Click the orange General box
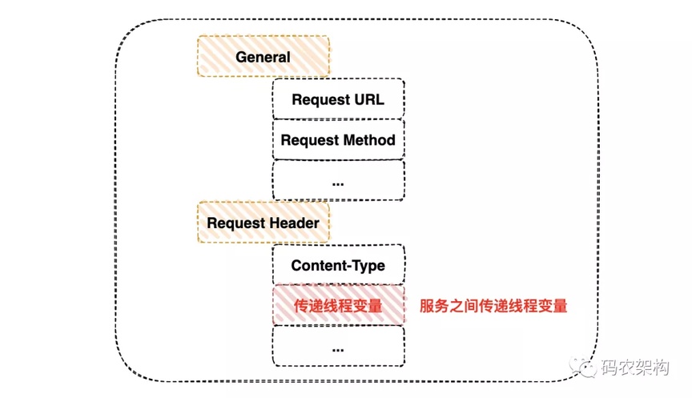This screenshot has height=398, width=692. pos(264,56)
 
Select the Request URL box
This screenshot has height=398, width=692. pos(339,98)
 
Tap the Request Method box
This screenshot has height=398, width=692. pos(339,139)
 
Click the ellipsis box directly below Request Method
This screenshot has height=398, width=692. pos(339,180)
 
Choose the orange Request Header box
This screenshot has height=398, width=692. pos(264,223)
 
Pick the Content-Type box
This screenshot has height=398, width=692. pos(339,265)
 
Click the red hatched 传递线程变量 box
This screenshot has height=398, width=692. pos(339,305)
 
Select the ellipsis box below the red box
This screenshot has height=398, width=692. pos(339,346)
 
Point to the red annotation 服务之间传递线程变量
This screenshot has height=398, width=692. pos(493,306)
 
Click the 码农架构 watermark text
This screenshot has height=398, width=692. pos(635,367)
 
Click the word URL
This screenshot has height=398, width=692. pos(369,98)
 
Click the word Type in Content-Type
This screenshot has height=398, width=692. pos(368,266)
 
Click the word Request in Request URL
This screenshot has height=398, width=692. pos(321,100)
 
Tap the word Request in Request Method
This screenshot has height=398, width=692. pos(310,141)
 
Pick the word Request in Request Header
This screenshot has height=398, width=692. pos(235,223)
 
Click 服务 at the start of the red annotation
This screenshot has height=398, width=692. pos(434,306)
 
